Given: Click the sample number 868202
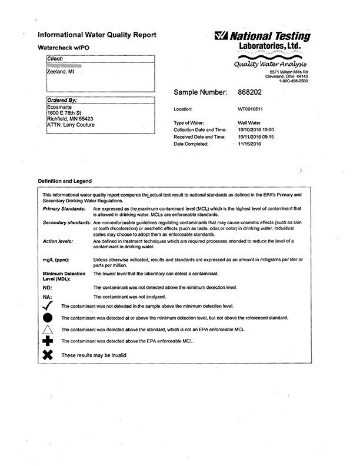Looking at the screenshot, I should click(x=252, y=92).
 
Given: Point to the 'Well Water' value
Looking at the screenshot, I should click(x=249, y=122).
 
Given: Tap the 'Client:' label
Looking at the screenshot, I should click(x=55, y=58).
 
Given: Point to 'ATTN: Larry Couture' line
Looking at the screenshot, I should click(x=70, y=125).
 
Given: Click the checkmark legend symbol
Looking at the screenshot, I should click(x=49, y=306).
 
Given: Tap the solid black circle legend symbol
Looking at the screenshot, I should click(x=49, y=318).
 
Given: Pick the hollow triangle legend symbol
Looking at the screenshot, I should click(x=49, y=329).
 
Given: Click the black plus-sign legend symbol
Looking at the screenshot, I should click(x=49, y=341).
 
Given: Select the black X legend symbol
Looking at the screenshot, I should click(x=49, y=355).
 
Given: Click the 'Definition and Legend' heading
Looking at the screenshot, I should click(x=65, y=181).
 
